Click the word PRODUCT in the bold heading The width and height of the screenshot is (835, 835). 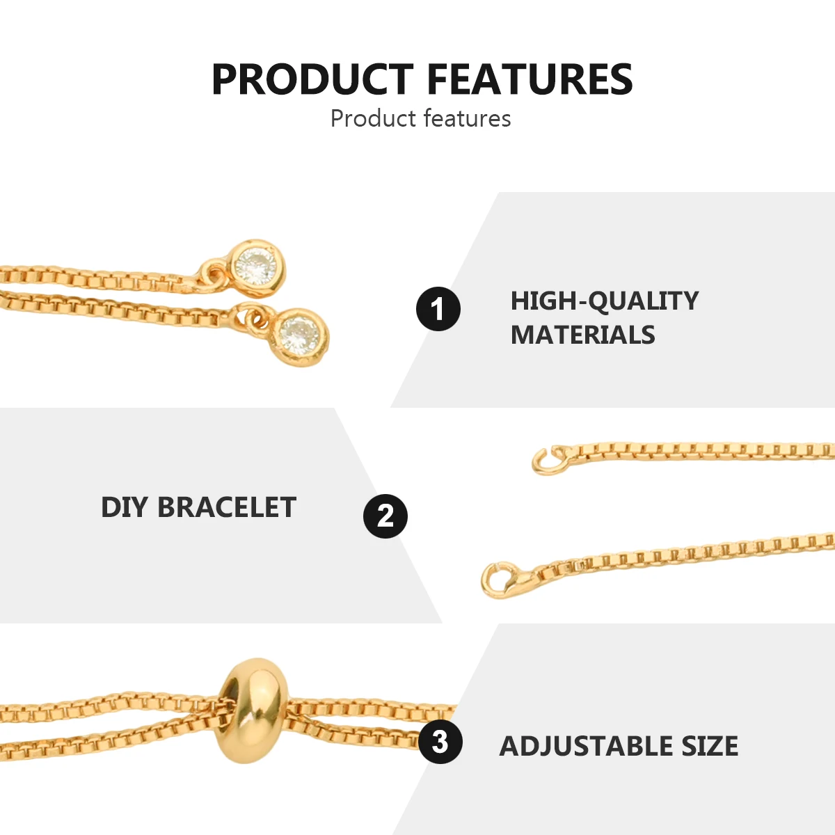click(x=312, y=79)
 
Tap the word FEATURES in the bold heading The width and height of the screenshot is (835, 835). click(x=530, y=79)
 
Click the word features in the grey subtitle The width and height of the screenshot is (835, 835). click(x=467, y=118)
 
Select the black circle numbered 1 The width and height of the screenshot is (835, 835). click(x=438, y=309)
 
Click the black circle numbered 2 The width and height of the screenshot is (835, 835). click(x=385, y=516)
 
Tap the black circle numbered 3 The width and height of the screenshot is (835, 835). click(x=440, y=741)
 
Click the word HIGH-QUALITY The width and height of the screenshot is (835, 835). click(x=605, y=301)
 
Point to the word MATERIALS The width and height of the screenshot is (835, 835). click(x=583, y=335)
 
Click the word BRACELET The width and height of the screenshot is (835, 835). click(x=227, y=507)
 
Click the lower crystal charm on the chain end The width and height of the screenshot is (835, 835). click(x=300, y=336)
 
